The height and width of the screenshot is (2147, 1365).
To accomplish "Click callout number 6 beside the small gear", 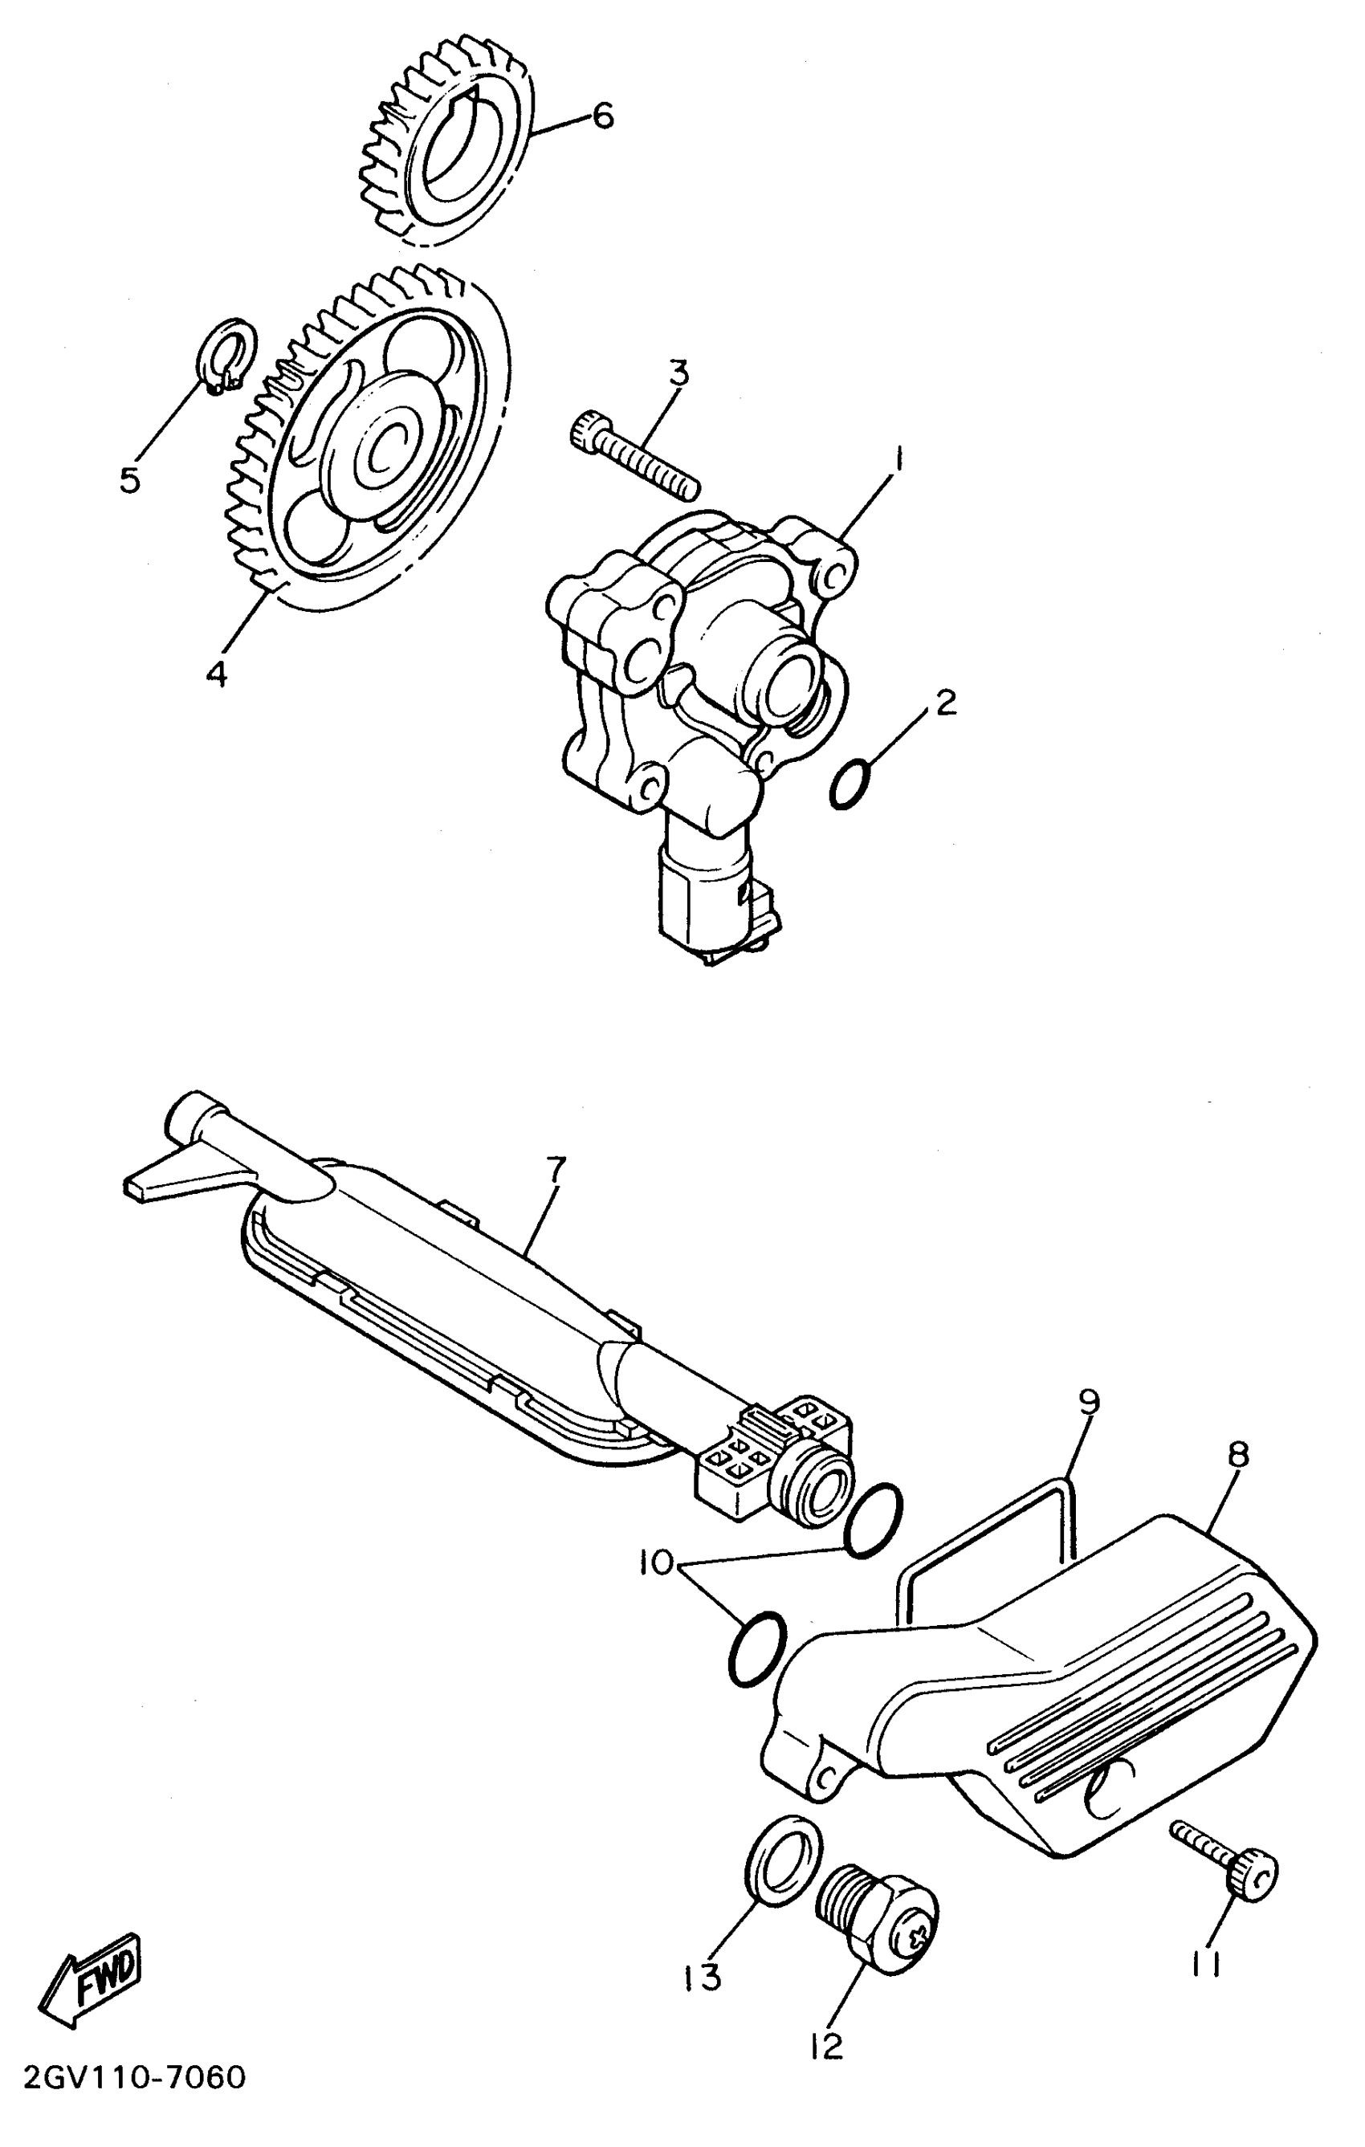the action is pos(604,116).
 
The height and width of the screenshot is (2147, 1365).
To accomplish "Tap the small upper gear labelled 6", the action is pos(446,143).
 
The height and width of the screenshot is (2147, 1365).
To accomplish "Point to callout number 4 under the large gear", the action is pos(216,673).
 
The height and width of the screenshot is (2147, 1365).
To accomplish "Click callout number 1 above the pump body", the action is pos(898,461).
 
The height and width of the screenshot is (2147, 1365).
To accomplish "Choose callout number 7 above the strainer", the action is pos(556,1171).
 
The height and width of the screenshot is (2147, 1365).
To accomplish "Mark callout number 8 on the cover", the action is pos(1238,1456).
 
